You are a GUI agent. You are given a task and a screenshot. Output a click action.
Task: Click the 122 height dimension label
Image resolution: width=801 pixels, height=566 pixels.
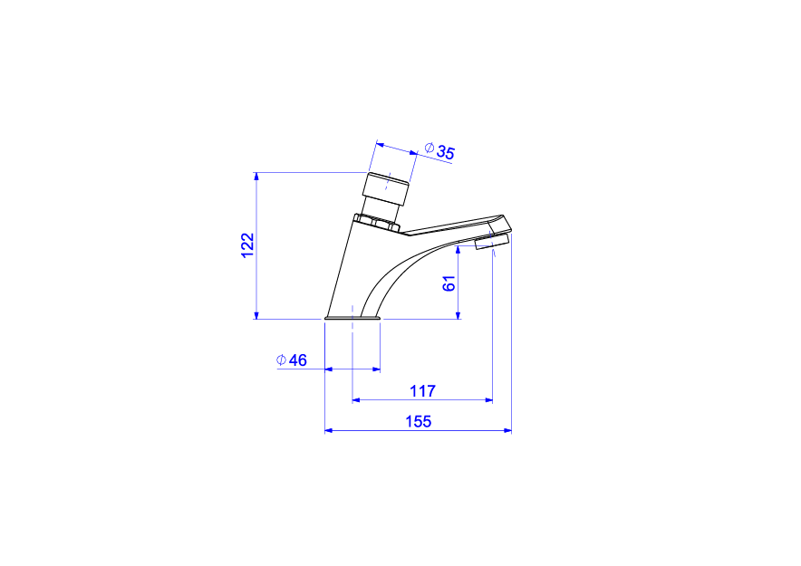(x=247, y=245)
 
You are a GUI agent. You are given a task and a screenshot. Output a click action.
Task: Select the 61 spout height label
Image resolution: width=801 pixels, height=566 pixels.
(x=449, y=283)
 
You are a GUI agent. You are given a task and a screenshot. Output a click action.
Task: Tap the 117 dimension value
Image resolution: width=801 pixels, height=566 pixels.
(x=422, y=391)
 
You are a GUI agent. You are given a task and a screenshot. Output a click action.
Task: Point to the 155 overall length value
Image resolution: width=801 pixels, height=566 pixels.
(x=419, y=422)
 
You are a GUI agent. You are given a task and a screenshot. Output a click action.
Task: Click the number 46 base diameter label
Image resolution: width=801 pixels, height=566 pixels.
(x=298, y=360)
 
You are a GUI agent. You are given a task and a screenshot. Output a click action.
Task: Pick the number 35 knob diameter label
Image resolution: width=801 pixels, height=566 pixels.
(x=445, y=152)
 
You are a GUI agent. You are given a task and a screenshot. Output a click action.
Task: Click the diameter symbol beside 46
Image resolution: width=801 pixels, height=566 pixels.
(x=281, y=360)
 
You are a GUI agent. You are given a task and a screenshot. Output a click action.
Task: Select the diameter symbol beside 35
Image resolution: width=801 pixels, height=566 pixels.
(x=429, y=148)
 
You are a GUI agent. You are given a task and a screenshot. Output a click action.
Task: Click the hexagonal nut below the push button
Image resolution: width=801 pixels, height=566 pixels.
(x=377, y=223)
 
